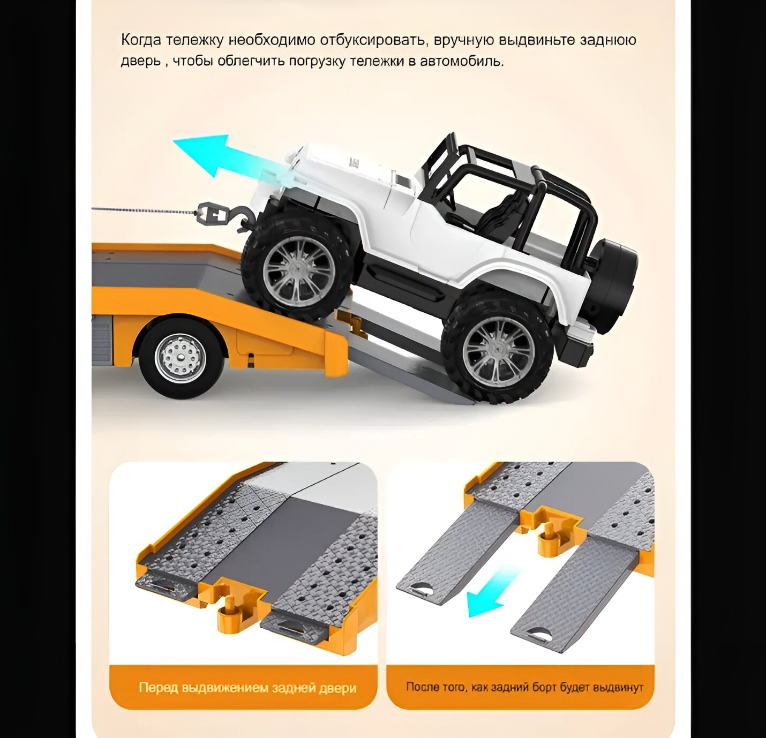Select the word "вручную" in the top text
coord(464,41)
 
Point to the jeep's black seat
coord(501,214)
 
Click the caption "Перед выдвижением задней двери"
coord(247,688)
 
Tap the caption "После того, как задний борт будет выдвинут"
coord(524,687)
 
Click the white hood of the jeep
coord(343,171)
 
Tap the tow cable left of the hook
coord(145,210)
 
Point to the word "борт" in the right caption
coord(545,687)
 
